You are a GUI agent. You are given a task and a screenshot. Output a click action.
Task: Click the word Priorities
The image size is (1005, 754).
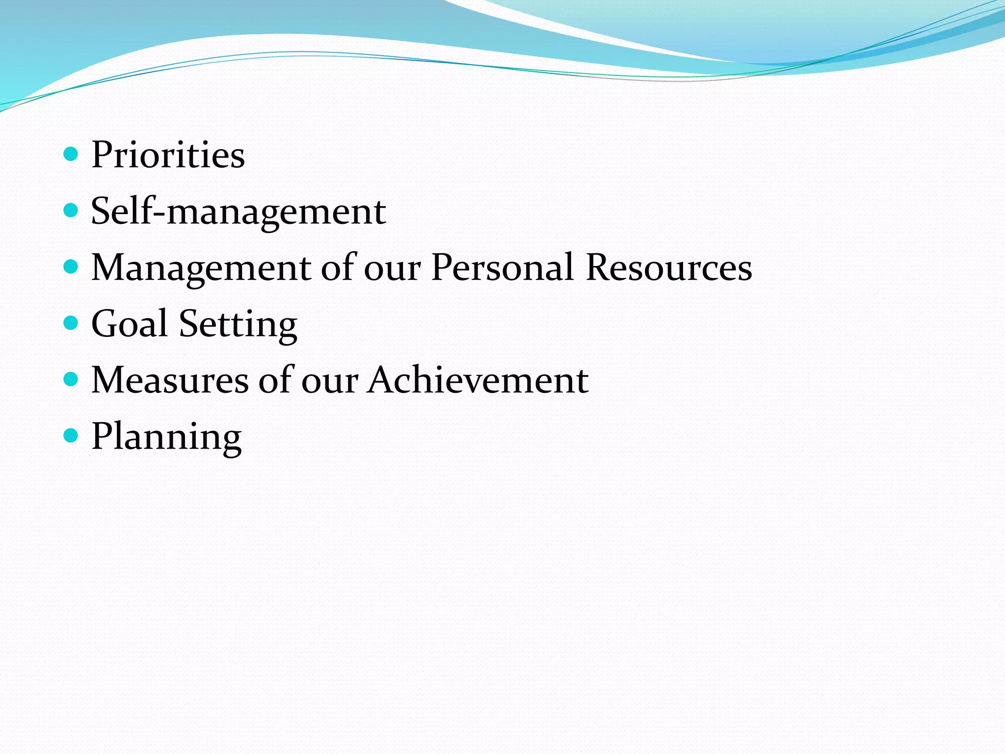pyautogui.click(x=168, y=155)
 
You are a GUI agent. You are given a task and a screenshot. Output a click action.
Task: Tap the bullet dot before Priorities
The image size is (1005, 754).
pyautogui.click(x=71, y=155)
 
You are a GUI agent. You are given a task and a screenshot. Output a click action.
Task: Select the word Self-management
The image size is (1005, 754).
pyautogui.click(x=238, y=212)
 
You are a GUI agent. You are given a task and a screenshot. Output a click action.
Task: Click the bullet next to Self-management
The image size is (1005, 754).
pyautogui.click(x=71, y=211)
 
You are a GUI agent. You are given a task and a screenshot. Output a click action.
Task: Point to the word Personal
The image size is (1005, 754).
pyautogui.click(x=502, y=268)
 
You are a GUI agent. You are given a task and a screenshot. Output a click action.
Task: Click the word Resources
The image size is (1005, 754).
pyautogui.click(x=669, y=268)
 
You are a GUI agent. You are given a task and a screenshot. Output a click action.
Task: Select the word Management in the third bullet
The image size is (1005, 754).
pyautogui.click(x=201, y=268)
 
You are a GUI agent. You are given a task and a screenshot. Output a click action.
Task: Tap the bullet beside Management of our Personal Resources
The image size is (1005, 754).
pyautogui.click(x=71, y=267)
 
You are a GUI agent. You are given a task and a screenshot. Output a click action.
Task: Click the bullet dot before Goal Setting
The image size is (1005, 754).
pyautogui.click(x=71, y=323)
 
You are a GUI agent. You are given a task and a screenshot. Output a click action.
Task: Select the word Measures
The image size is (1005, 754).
pyautogui.click(x=170, y=380)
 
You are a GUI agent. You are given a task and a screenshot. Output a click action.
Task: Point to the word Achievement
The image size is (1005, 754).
pyautogui.click(x=478, y=380)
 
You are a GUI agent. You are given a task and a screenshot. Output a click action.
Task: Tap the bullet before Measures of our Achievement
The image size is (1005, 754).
pyautogui.click(x=71, y=379)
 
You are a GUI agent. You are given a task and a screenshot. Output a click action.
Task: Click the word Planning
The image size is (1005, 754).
pyautogui.click(x=166, y=437)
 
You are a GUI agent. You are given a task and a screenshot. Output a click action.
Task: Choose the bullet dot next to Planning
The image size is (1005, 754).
pyautogui.click(x=71, y=436)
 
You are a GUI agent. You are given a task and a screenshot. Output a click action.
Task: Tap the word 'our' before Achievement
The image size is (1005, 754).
pyautogui.click(x=329, y=381)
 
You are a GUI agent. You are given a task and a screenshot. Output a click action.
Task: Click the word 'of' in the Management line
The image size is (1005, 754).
pyautogui.click(x=338, y=267)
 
